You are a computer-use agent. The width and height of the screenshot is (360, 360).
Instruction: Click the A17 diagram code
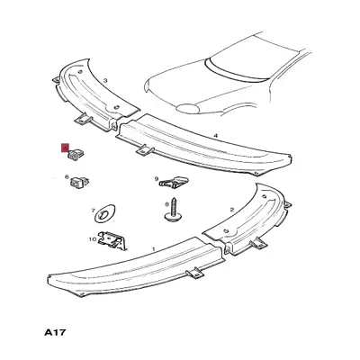(x=55, y=332)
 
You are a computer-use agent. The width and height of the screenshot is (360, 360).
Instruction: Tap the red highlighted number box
(x=65, y=148)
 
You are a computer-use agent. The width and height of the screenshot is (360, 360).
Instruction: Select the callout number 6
(x=67, y=177)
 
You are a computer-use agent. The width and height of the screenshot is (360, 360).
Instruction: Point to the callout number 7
(x=93, y=211)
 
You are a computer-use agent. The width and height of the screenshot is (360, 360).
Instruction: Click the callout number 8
(x=166, y=204)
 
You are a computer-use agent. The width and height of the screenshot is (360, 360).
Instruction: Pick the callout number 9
(x=157, y=179)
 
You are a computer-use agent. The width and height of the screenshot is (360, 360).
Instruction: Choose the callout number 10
(x=92, y=239)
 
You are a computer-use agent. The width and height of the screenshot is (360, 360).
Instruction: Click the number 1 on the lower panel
(x=154, y=248)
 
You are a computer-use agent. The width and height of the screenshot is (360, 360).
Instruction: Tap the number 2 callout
(x=231, y=210)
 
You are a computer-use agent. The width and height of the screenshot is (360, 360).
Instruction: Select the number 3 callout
(x=105, y=80)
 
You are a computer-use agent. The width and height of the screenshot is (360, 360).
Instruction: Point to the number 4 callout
(x=215, y=136)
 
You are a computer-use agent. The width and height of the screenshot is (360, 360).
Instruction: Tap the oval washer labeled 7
(x=105, y=213)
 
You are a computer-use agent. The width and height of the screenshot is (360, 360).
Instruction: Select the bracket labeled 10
(x=112, y=240)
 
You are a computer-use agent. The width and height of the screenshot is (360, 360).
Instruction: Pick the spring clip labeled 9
(x=174, y=182)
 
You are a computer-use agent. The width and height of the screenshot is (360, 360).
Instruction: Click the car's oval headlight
(x=187, y=108)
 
